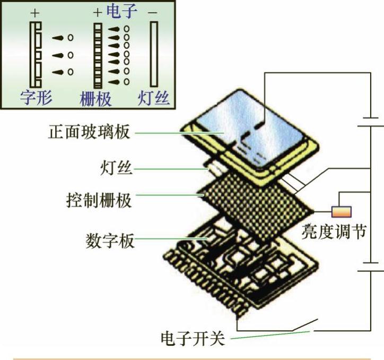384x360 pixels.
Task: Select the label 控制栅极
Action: point(98,201)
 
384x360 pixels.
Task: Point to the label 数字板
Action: point(110,241)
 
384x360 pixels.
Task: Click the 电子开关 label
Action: point(193,338)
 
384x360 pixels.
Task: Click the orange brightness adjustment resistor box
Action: point(341,211)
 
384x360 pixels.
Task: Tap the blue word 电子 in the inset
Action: point(123,11)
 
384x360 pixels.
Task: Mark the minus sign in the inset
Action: point(153,12)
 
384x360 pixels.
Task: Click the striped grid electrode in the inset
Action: point(98,55)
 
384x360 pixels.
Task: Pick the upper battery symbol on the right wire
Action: point(370,122)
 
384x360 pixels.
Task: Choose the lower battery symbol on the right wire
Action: point(370,265)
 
